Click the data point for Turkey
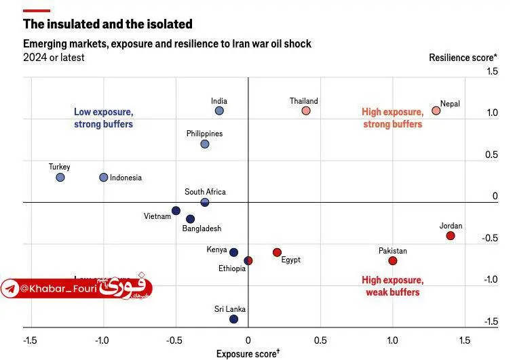point(60,178)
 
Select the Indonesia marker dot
point(104,178)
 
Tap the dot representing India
point(219,111)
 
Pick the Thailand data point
point(306,111)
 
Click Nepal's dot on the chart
point(436,111)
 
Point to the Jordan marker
point(450,236)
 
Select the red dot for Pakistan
point(392,261)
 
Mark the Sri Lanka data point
point(233,319)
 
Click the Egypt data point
point(277,252)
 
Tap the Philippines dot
point(205,144)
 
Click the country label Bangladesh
point(202,229)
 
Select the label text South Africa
point(205,192)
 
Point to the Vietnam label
point(157,216)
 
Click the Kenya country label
point(216,249)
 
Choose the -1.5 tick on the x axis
point(30,340)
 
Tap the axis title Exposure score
point(248,353)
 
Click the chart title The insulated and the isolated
point(108,24)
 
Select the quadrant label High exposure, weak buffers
point(393,286)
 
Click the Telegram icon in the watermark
point(10,289)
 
